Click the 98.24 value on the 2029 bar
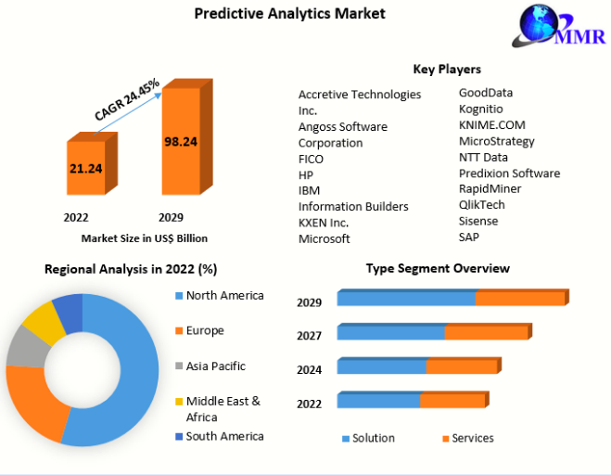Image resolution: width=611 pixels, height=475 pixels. coord(181,142)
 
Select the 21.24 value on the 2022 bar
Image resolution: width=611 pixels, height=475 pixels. coord(85,169)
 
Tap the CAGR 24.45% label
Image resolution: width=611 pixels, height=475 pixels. coord(127,99)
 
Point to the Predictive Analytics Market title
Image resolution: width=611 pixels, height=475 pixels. coord(290,14)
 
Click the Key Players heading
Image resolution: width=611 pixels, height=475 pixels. coord(447,69)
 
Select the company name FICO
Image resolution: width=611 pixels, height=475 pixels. coord(311,160)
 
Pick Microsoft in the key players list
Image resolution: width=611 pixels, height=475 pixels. coord(325,238)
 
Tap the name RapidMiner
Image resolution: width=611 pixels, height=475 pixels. coord(490,188)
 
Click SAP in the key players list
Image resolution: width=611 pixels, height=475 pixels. coord(469,237)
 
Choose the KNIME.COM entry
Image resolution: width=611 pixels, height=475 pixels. coord(492,125)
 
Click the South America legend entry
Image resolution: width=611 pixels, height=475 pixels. coord(220,436)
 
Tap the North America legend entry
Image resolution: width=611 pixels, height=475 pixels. coord(220,296)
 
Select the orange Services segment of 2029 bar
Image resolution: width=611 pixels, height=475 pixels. coord(520,299)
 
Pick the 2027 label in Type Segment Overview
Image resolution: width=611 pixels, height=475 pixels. coord(310,336)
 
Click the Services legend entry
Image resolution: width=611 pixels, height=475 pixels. coord(468,438)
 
